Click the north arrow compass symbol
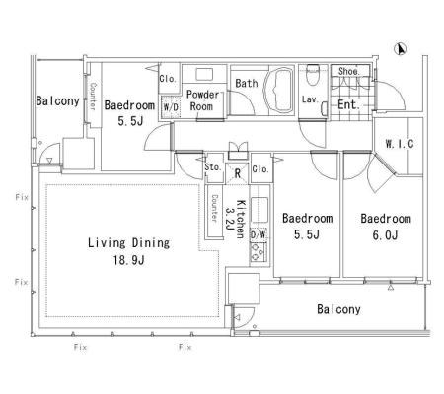[x=400, y=49]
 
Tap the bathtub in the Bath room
[x=279, y=91]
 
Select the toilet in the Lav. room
[x=312, y=74]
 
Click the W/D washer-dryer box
[x=171, y=106]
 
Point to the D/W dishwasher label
[x=259, y=234]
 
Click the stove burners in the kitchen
[x=259, y=252]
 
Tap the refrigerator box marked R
[x=238, y=173]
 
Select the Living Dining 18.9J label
[x=128, y=251]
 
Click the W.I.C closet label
[x=400, y=144]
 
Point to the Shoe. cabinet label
[x=349, y=71]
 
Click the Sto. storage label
[x=213, y=167]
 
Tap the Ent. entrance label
[x=349, y=104]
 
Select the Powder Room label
[x=202, y=100]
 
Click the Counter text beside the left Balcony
[x=93, y=97]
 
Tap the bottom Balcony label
[x=338, y=309]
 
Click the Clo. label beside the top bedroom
[x=168, y=79]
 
